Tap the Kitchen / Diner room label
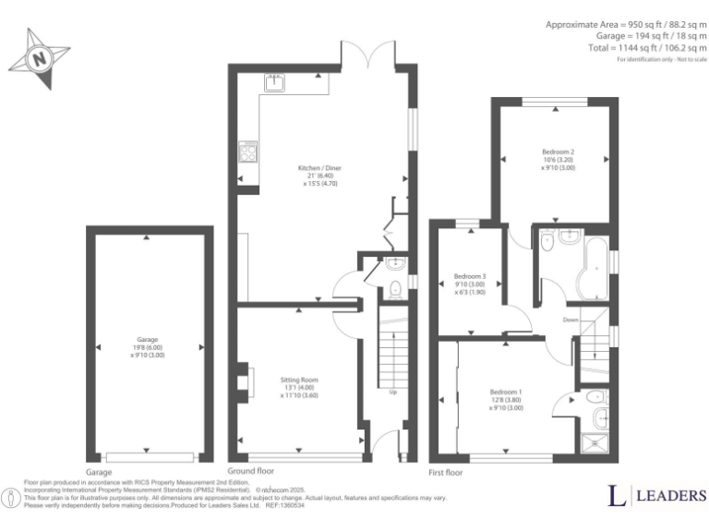[317, 175]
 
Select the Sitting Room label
[299, 387]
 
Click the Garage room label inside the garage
[148, 347]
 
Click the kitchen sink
[275, 83]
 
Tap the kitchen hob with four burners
[248, 151]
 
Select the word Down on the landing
[571, 320]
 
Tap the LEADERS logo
[656, 496]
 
